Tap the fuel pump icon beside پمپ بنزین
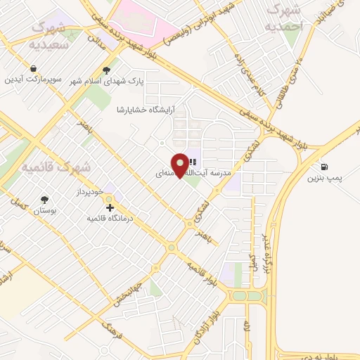pyautogui.click(x=323, y=167)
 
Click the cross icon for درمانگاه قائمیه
pyautogui.click(x=110, y=207)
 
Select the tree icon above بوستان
pyautogui.click(x=46, y=200)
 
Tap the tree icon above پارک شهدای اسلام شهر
pyautogui.click(x=106, y=70)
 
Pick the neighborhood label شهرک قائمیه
pyautogui.click(x=56, y=167)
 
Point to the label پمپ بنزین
pyautogui.click(x=324, y=179)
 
